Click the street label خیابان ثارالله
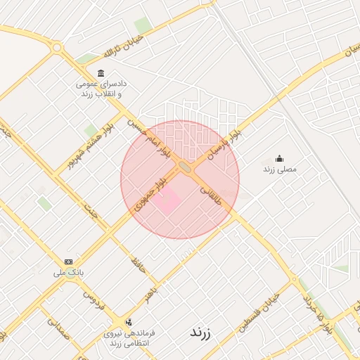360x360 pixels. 129,44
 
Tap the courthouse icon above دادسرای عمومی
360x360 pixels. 101,74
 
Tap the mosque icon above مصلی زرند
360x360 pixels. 279,158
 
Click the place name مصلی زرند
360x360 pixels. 280,169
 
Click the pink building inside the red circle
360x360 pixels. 167,203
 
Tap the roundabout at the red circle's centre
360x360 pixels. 186,167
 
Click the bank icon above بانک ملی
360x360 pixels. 68,261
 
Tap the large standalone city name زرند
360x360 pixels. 200,333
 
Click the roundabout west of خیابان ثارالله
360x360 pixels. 57,48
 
